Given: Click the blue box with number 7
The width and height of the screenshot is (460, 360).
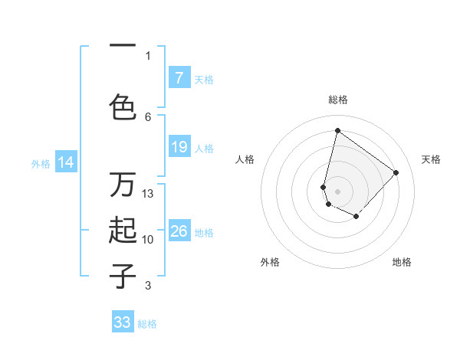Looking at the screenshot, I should [179, 78].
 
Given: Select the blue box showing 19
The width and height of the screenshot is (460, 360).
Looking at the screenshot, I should [179, 147].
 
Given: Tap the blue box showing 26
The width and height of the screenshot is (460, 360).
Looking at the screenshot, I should [179, 231].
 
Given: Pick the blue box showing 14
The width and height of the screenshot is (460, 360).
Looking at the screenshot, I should [66, 162].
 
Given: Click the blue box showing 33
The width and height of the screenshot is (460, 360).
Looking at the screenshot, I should [123, 322].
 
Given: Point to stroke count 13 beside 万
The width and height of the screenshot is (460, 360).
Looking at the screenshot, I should [149, 194].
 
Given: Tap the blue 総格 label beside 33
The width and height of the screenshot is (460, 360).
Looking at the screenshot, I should [147, 324].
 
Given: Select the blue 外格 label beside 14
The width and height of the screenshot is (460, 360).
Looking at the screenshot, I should [41, 163].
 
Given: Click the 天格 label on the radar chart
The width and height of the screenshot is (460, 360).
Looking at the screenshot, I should [431, 159].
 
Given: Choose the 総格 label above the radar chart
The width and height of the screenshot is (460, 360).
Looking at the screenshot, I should [337, 100].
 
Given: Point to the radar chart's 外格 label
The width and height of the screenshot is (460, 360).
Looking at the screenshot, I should [270, 262].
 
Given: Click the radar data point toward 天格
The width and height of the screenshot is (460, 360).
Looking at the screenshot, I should [396, 172].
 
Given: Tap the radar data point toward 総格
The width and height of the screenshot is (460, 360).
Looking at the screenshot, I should [337, 130].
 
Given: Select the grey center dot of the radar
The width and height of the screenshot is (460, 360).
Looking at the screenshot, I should [337, 191].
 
